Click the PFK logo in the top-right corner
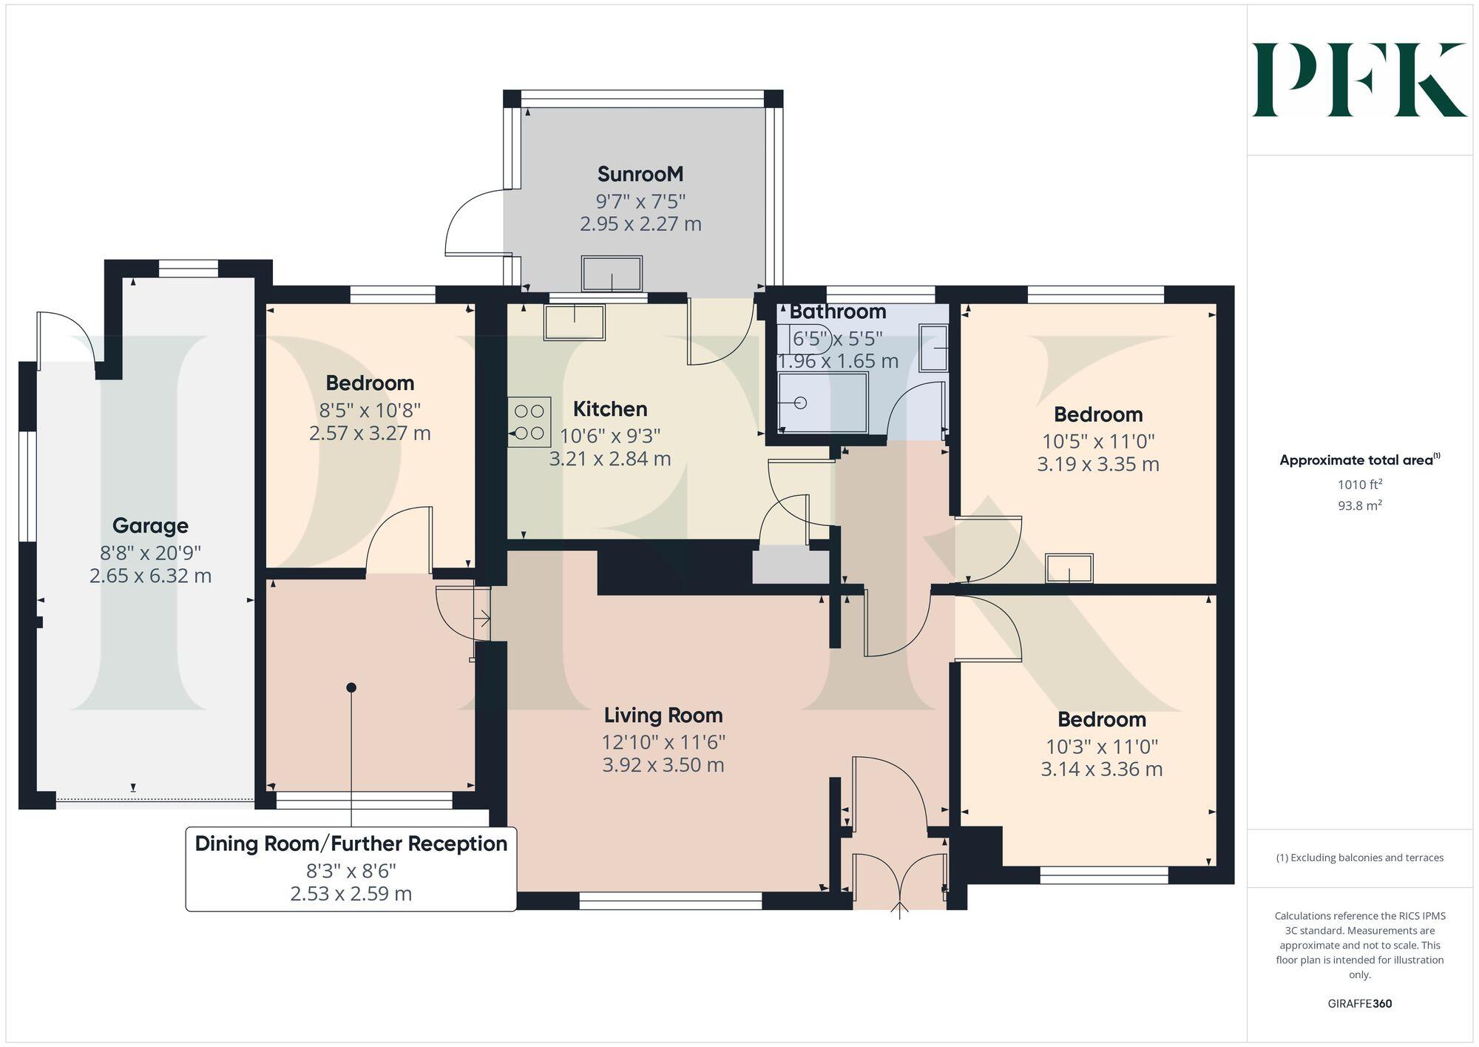coord(1359,80)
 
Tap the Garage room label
coord(150,526)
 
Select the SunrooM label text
coord(640,175)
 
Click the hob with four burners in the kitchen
coord(529,422)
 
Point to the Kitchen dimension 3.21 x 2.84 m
coord(610,459)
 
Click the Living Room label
coord(663,716)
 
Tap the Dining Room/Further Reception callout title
coord(351,844)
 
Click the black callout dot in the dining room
coord(351,687)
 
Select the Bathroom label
coord(837,312)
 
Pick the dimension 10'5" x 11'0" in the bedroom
coord(1098,442)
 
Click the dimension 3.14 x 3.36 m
coord(1101,770)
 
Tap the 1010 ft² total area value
coord(1359,485)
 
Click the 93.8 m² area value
coord(1359,506)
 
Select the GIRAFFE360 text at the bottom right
coord(1359,1004)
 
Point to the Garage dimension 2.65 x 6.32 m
coord(150,576)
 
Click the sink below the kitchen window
coord(574,322)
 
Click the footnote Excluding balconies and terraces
coord(1359,858)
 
